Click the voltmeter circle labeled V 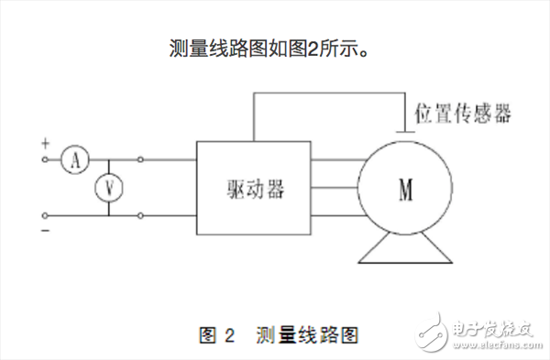click(110, 188)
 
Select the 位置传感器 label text click(463, 115)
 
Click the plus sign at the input click(45, 143)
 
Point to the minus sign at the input click(45, 230)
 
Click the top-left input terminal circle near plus click(46, 160)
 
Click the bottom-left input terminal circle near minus click(46, 216)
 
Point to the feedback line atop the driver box click(330, 93)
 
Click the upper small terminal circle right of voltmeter click(140, 160)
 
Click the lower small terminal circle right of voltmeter click(140, 216)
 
